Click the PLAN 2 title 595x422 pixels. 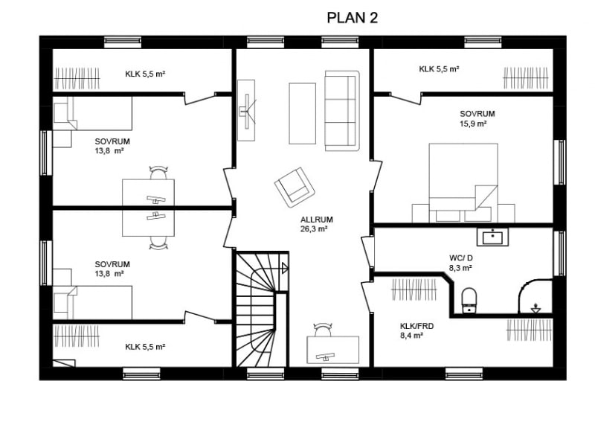point(352,18)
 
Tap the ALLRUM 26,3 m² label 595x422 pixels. point(316,224)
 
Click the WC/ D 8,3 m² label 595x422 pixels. point(460,263)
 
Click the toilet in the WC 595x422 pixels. point(469,301)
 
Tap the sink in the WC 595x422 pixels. point(492,237)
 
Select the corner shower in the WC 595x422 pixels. point(535,297)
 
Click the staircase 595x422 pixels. point(261,310)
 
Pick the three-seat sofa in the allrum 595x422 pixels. point(341,111)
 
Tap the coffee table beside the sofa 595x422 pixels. point(303,114)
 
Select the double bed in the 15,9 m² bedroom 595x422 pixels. point(463,182)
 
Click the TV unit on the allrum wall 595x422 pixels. point(246,110)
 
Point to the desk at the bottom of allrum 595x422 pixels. point(332,350)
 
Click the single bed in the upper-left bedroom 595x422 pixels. point(92,114)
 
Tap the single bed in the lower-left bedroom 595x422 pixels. point(92,303)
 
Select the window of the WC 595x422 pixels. point(559,253)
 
